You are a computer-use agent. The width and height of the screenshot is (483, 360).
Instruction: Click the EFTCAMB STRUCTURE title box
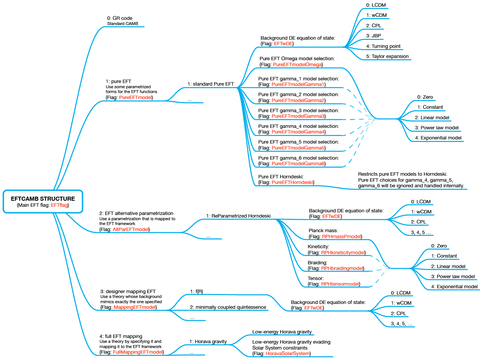tap(43, 201)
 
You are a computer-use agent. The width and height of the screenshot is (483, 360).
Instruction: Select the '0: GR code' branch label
tap(120, 18)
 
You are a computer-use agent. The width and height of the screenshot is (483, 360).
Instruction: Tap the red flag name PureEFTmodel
tap(135, 98)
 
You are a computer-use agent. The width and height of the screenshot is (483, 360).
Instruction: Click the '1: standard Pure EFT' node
tap(211, 84)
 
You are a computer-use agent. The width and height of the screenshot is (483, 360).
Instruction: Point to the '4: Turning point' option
tap(383, 46)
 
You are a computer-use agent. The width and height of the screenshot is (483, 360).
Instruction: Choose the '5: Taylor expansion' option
tap(387, 56)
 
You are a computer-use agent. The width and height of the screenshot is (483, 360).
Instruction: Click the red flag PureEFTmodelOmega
tap(297, 65)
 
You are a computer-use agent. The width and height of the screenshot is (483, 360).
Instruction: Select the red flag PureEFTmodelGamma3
tap(298, 116)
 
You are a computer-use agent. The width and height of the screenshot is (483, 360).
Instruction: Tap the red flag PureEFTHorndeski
tap(292, 182)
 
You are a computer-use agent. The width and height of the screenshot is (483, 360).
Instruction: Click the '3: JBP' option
tap(373, 36)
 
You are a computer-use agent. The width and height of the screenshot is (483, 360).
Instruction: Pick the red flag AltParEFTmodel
tap(131, 230)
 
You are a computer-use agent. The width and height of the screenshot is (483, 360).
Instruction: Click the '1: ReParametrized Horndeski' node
tap(238, 216)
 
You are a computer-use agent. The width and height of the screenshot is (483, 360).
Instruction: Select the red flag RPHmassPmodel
tap(341, 237)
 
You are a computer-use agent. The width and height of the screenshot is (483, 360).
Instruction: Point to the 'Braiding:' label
tap(317, 263)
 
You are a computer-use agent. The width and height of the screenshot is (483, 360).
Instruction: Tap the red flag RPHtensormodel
tap(340, 284)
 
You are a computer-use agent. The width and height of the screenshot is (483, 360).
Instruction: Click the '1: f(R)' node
tap(196, 292)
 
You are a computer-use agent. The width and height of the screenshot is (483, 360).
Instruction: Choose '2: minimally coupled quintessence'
tap(228, 307)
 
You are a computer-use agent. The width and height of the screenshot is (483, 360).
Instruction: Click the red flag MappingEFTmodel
tap(134, 307)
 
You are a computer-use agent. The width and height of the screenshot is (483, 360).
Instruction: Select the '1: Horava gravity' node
tap(208, 342)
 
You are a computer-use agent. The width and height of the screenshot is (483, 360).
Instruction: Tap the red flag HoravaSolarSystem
tap(287, 354)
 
